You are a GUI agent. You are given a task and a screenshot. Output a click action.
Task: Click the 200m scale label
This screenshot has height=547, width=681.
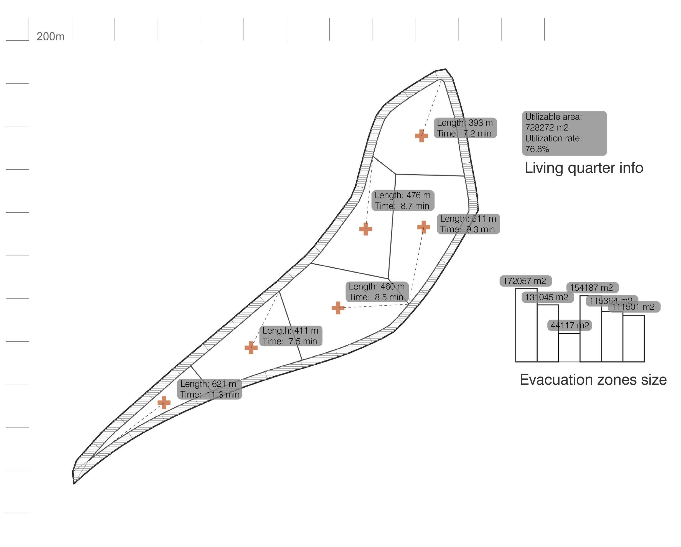50,37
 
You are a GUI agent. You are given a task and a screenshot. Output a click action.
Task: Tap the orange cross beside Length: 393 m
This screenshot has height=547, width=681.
421,136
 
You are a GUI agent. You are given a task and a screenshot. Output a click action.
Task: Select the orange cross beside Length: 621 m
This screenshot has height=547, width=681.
164,402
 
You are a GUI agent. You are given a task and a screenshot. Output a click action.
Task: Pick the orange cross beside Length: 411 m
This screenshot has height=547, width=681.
251,347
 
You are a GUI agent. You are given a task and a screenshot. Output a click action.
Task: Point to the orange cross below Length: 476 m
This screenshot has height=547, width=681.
365,229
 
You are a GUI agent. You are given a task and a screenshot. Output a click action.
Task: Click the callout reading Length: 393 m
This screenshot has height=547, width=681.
465,128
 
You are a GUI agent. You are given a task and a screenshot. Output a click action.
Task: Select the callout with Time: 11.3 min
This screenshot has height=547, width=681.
209,389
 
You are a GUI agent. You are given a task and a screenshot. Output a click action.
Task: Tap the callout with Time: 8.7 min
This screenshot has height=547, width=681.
402,200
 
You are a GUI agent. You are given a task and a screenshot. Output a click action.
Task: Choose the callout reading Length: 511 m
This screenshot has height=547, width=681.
468,224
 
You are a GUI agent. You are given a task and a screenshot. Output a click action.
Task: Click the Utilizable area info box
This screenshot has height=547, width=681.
564,133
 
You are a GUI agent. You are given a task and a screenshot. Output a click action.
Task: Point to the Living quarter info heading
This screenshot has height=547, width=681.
584,168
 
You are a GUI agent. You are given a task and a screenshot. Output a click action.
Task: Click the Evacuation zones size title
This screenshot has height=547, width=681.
593,380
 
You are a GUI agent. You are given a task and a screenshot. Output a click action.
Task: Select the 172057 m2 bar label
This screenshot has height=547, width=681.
525,281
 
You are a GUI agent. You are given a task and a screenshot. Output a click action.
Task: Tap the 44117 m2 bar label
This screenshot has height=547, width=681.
569,325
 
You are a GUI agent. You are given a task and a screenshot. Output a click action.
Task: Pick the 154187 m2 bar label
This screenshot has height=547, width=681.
592,288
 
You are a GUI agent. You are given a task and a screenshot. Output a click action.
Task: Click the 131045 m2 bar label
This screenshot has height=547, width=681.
547,297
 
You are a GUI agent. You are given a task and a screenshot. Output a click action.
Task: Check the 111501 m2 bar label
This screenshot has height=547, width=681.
634,307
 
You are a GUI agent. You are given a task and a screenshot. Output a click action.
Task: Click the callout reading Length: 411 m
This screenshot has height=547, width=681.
290,336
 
